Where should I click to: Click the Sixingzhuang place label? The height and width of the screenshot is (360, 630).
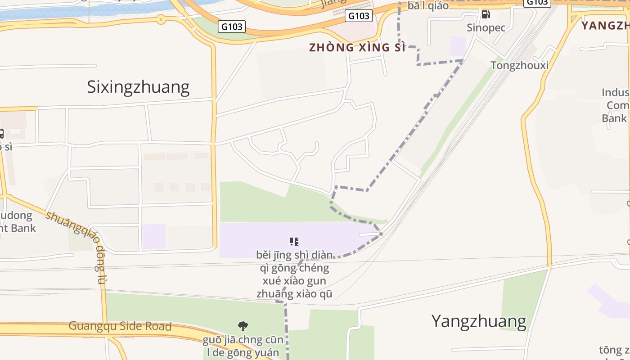[x=138, y=87]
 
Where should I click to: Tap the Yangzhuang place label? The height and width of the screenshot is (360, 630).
[x=479, y=321]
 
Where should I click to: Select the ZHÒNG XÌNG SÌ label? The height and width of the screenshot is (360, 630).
[x=357, y=47]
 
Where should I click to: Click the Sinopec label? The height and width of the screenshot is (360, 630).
[x=486, y=27]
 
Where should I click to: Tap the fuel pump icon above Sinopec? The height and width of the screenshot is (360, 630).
[x=486, y=14]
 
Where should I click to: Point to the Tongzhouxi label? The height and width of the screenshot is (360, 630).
[x=519, y=65]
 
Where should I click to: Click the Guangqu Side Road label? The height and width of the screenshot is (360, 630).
[x=120, y=326]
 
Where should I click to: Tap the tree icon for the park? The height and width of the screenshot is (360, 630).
[x=243, y=326]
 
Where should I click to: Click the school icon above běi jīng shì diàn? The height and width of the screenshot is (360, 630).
[x=294, y=242]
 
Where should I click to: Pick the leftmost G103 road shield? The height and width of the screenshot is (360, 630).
[x=232, y=27]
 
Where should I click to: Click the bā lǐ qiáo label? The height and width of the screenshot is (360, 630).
[x=428, y=6]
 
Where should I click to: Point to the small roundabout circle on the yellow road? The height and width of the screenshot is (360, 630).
[x=161, y=19]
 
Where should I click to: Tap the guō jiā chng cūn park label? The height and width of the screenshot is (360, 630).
[x=243, y=346]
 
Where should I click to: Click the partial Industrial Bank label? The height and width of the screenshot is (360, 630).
[x=616, y=105]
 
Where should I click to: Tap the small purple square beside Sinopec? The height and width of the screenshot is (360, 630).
[x=458, y=46]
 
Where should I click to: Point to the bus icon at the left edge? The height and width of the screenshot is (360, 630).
[x=1, y=133]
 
